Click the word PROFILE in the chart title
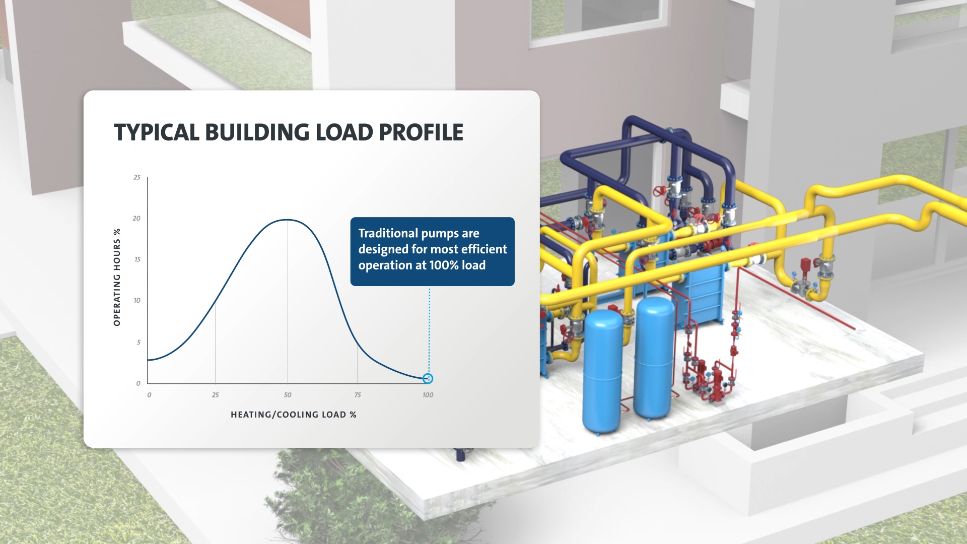coord(421,132)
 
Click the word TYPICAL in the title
coord(157,132)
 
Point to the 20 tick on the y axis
coord(136,218)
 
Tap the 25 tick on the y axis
coord(137,177)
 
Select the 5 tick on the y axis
coord(139,342)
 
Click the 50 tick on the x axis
coord(288,395)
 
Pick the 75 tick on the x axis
coord(358,395)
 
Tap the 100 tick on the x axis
coord(428,395)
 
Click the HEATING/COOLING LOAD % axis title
coord(293,415)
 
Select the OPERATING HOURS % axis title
coord(117,277)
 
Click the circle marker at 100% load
coord(428,378)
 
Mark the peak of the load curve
coord(287,220)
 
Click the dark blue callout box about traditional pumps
coord(432,251)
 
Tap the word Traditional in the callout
coord(388,233)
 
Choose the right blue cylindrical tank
coord(654,358)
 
